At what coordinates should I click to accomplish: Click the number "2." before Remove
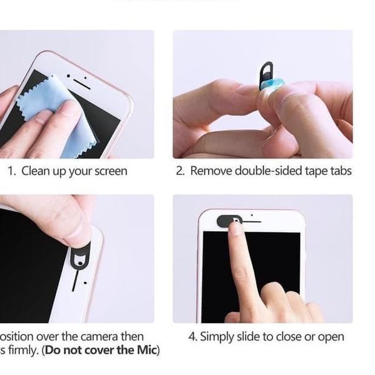tap(180, 171)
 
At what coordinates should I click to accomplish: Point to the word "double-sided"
tap(266, 171)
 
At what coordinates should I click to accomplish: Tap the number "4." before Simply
tap(192, 337)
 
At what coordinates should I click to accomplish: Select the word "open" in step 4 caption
tap(330, 337)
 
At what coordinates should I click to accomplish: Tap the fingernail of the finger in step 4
tap(236, 227)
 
